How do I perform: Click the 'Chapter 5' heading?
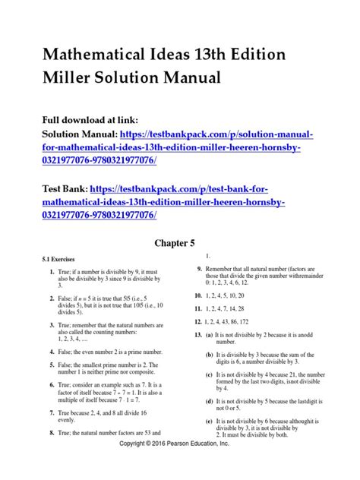(179, 265)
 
